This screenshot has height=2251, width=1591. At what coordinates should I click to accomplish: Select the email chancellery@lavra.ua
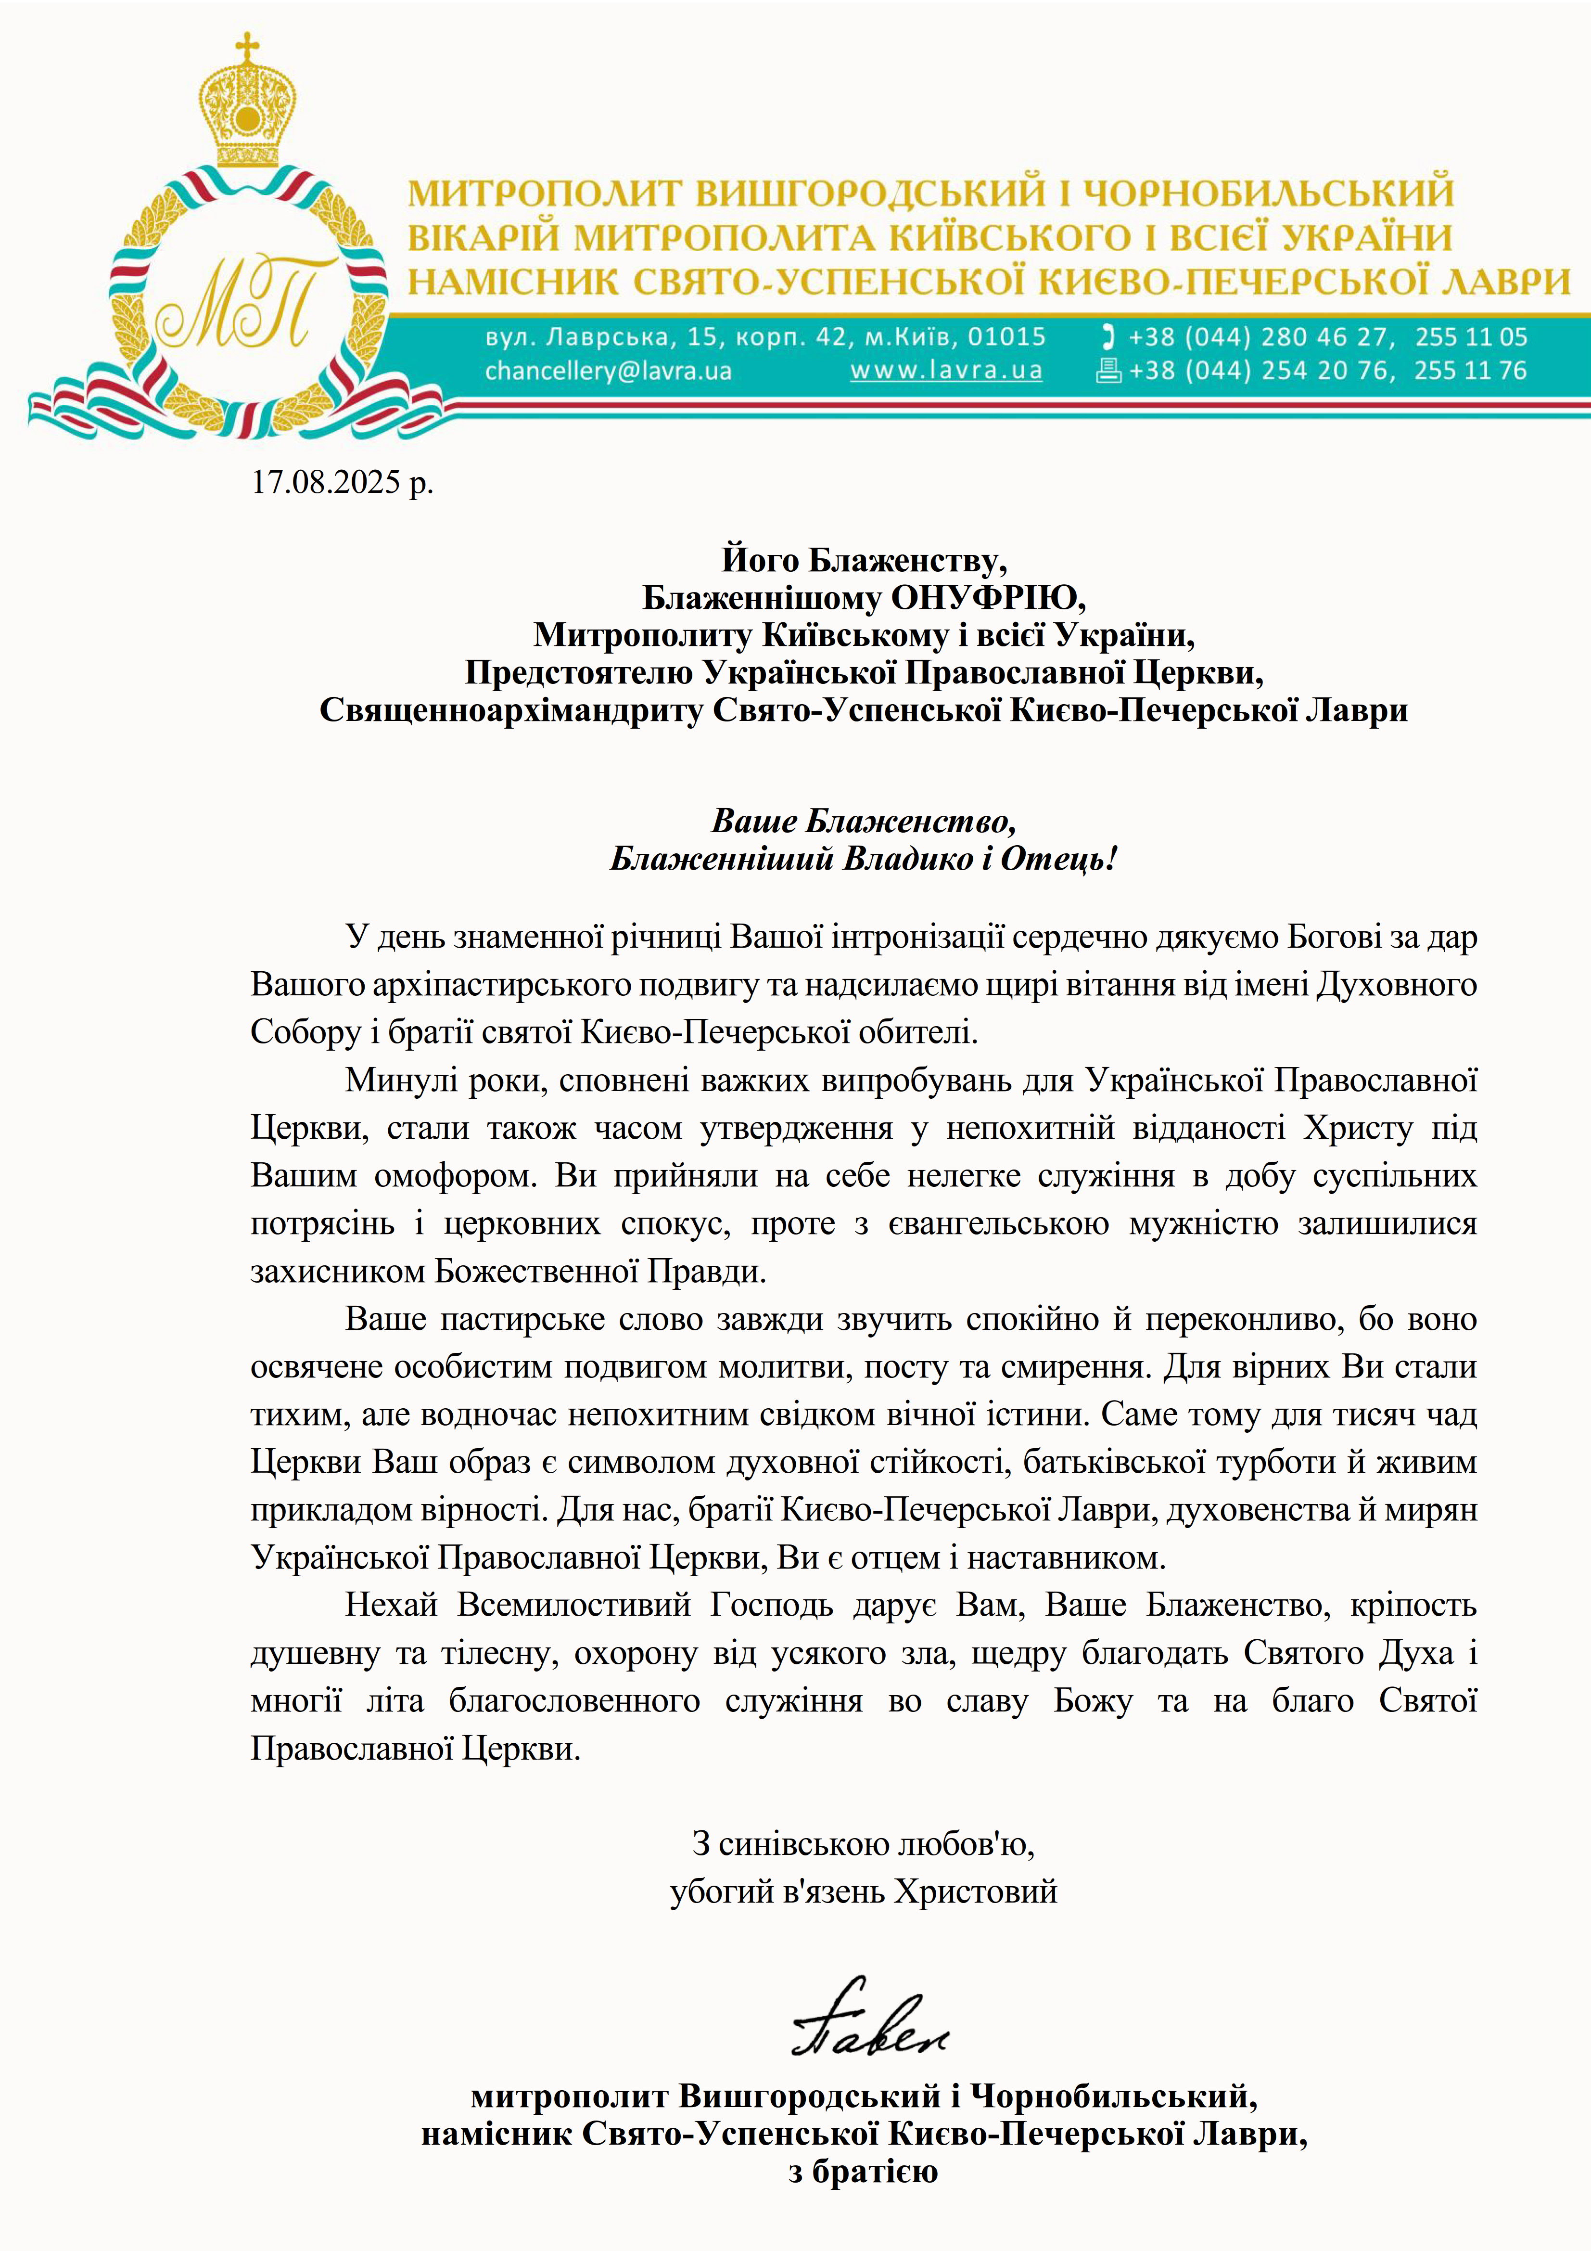pyautogui.click(x=608, y=371)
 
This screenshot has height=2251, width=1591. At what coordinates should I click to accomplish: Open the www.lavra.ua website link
pyautogui.click(x=946, y=371)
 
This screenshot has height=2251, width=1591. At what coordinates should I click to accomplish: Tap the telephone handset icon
pyautogui.click(x=1109, y=337)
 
